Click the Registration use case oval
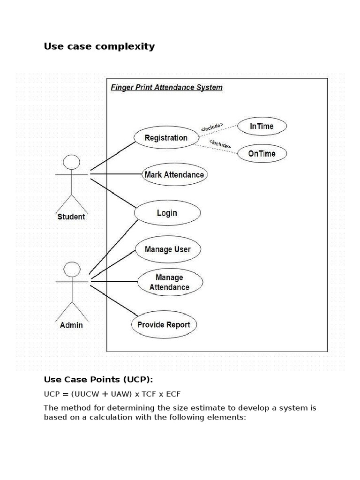point(166,137)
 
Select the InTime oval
point(262,126)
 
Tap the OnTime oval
point(262,153)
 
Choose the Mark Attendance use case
point(174,175)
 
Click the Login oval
point(167,213)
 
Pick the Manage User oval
point(167,249)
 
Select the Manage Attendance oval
point(169,282)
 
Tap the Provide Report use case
point(164,324)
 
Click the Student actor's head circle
point(71,162)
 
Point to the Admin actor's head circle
point(71,270)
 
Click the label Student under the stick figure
point(71,217)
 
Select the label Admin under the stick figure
point(71,325)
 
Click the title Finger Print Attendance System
point(166,87)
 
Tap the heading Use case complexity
point(99,46)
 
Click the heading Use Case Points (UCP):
point(98,379)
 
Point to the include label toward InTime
point(212,127)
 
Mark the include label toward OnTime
point(220,144)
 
